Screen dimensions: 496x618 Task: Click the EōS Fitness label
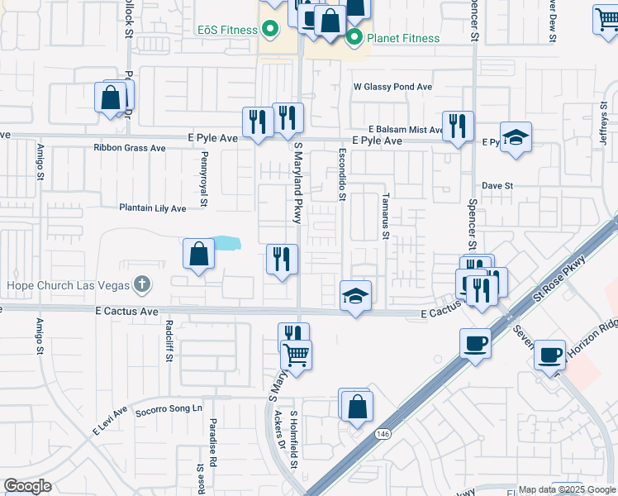pyautogui.click(x=227, y=31)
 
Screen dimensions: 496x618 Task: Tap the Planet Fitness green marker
pyautogui.click(x=354, y=37)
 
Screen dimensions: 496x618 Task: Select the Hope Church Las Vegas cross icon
pyautogui.click(x=142, y=285)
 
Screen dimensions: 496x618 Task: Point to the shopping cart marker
pyautogui.click(x=296, y=355)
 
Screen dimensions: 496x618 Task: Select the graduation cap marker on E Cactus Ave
pyautogui.click(x=354, y=295)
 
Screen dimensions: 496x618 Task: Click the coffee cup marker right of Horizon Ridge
pyautogui.click(x=550, y=355)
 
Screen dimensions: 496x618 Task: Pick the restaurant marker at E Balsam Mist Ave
pyautogui.click(x=458, y=126)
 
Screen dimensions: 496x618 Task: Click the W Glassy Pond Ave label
pyautogui.click(x=392, y=86)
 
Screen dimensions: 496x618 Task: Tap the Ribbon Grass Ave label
pyautogui.click(x=130, y=149)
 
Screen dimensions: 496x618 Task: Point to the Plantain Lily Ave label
pyautogui.click(x=153, y=208)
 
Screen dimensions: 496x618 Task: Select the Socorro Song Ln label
pyautogui.click(x=169, y=409)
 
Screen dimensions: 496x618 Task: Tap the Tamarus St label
pyautogui.click(x=385, y=217)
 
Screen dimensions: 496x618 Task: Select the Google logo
pyautogui.click(x=27, y=486)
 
